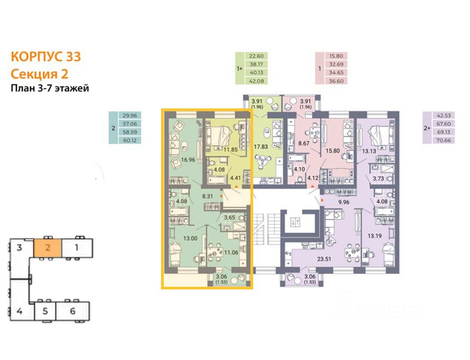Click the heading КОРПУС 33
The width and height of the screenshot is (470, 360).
[46, 57]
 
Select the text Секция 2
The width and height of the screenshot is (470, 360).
[39, 73]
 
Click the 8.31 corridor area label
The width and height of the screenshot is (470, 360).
[207, 196]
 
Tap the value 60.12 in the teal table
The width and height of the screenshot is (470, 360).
[129, 140]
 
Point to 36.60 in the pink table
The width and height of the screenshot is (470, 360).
[336, 81]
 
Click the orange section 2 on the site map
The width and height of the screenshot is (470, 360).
[47, 247]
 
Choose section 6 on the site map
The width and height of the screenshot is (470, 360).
[72, 311]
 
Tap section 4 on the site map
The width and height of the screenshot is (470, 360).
[20, 311]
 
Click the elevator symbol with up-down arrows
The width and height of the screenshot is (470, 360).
[295, 222]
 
